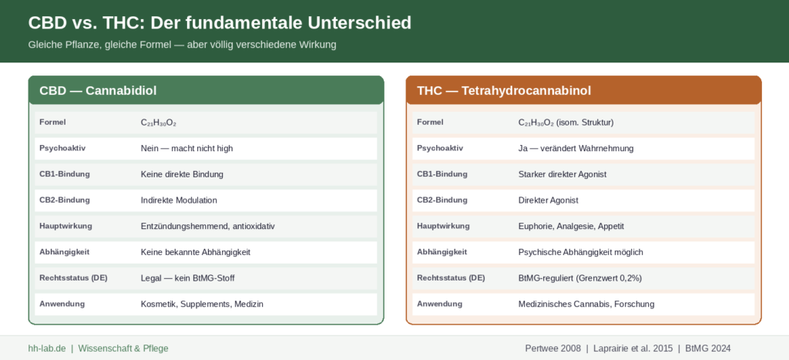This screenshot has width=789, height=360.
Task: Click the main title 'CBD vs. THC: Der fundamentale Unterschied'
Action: tap(220, 23)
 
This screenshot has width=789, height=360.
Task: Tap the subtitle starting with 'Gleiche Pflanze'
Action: tap(182, 45)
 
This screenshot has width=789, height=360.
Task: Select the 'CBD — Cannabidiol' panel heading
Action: tap(98, 91)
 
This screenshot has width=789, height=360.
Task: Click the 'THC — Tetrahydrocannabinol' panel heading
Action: tap(504, 91)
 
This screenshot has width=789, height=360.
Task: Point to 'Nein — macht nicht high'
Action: tap(186, 149)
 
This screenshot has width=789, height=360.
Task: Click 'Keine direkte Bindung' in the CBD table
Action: tap(182, 174)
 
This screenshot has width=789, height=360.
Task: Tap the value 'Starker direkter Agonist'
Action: tap(562, 174)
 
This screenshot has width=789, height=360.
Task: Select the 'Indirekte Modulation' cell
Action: tap(179, 200)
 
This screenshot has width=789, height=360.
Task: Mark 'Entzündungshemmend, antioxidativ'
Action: tap(208, 227)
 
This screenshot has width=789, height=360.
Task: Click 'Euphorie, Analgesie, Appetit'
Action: tap(571, 227)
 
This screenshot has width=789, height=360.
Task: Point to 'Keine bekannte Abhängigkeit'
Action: tap(196, 252)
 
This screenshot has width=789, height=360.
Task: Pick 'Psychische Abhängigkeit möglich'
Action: tap(581, 252)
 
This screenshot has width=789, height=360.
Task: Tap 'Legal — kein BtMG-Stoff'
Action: tap(188, 278)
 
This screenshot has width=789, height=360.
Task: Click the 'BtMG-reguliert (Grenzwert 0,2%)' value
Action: tap(580, 278)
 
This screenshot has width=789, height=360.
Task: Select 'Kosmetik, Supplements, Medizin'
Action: tap(203, 304)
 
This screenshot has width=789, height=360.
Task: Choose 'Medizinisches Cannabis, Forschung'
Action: tap(586, 304)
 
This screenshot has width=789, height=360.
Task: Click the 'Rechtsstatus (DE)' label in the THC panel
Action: tap(451, 278)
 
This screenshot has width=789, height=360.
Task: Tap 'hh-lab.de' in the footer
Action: tap(47, 348)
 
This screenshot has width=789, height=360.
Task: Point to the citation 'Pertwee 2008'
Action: tap(552, 348)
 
